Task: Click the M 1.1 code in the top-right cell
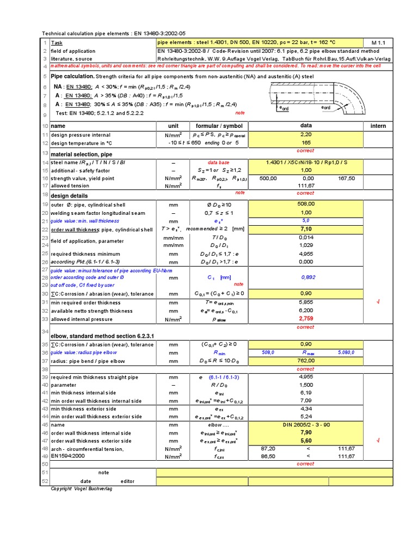[378, 42]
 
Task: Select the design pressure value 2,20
[305, 134]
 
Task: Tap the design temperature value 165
[305, 143]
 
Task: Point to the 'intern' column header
[378, 126]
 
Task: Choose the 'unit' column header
[173, 126]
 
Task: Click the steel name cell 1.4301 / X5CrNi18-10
[305, 163]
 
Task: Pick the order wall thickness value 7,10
[305, 230]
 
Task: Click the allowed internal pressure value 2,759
[305, 319]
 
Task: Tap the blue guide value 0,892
[308, 277]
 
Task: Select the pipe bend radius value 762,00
[305, 360]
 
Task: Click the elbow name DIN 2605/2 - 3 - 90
[305, 424]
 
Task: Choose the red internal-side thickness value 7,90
[305, 432]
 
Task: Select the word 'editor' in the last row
[127, 481]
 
